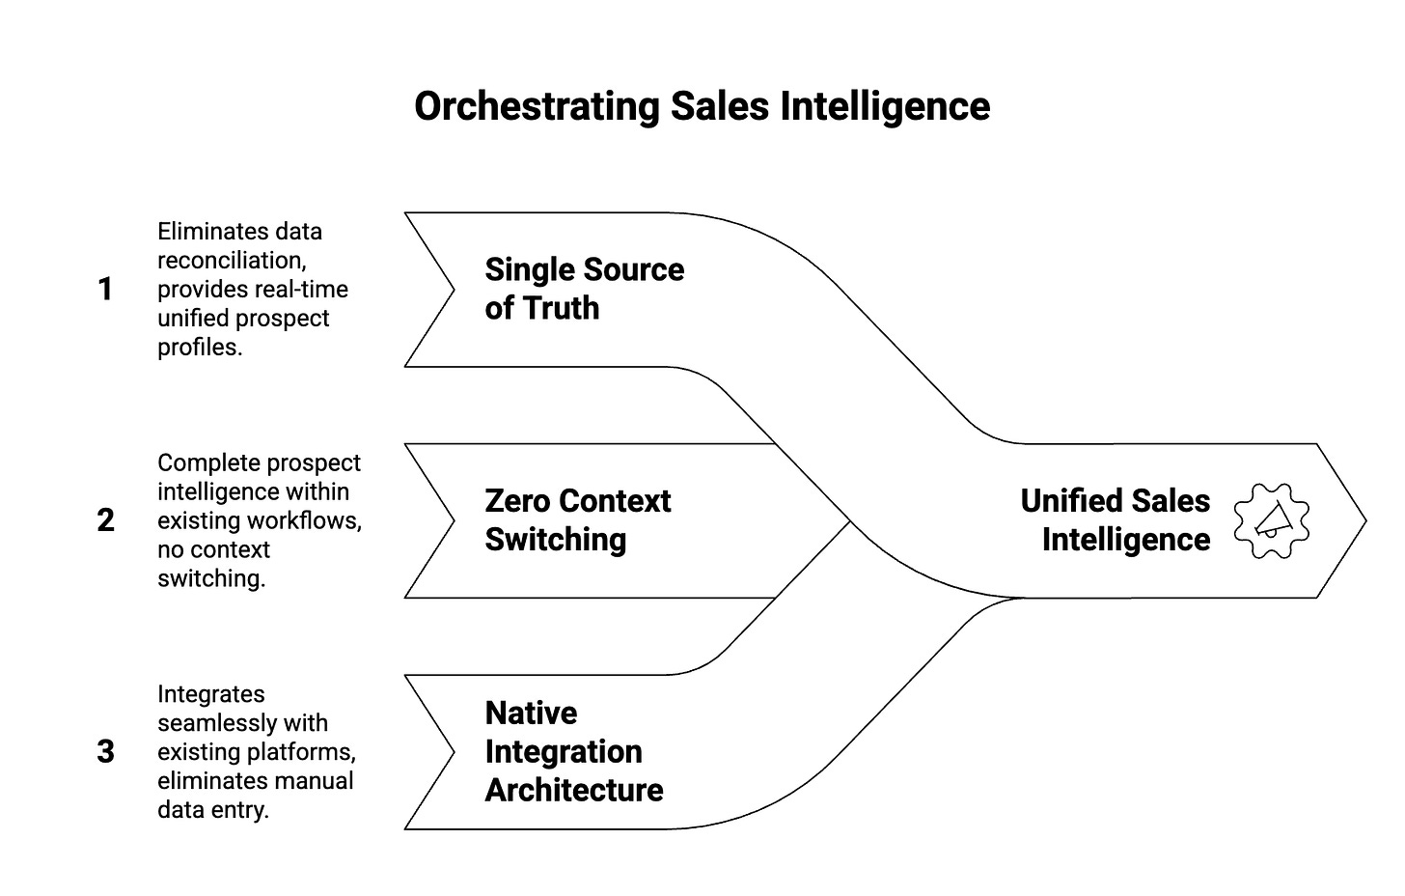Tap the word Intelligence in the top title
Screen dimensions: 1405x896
885,106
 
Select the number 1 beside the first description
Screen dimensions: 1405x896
105,289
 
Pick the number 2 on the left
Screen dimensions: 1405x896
105,520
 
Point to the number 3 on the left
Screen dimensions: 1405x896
105,751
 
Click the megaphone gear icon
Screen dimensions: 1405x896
1272,520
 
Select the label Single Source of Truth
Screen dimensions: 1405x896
584,289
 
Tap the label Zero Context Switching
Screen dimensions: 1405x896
577,520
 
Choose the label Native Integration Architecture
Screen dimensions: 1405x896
574,751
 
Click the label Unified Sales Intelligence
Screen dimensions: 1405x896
1115,520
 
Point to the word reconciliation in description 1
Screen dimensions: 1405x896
231,261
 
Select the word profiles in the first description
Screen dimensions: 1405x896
200,348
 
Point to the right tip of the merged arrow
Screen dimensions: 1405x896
1364,520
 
